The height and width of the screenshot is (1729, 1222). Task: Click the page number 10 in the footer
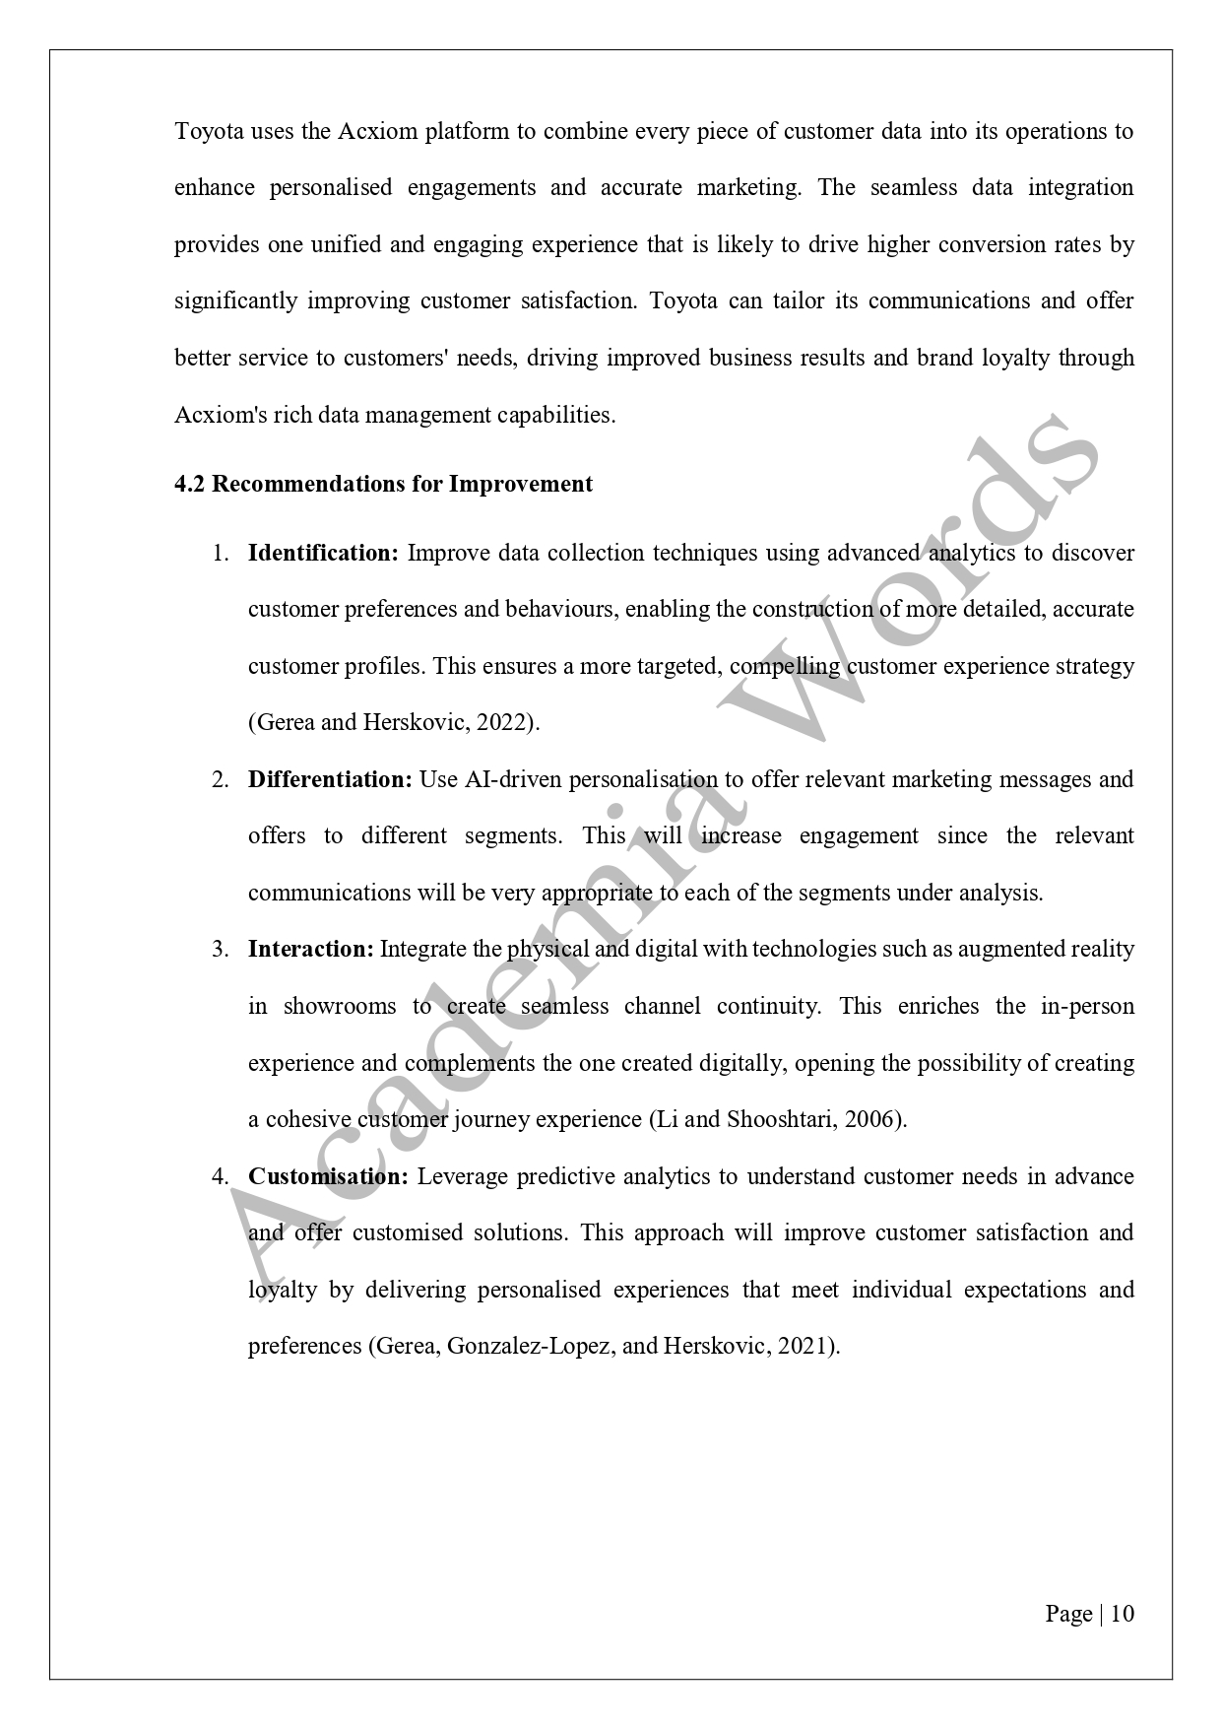click(1123, 1614)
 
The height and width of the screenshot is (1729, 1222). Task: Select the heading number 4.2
click(190, 484)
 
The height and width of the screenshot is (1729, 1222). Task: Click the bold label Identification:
click(323, 553)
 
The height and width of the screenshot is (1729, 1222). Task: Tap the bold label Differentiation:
click(330, 779)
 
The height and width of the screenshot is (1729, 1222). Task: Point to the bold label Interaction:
click(310, 949)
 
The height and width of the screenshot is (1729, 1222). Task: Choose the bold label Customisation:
click(328, 1176)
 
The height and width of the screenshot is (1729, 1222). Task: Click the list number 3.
click(220, 949)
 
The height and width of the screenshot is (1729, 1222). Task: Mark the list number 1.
click(220, 553)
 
